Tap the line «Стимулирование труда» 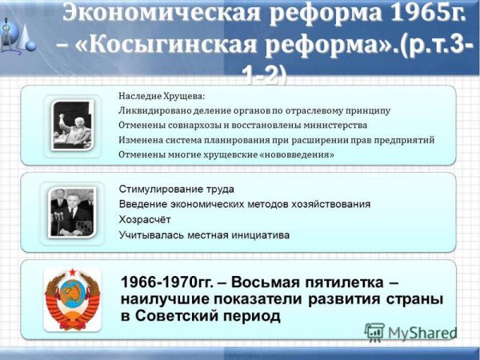(176, 189)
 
